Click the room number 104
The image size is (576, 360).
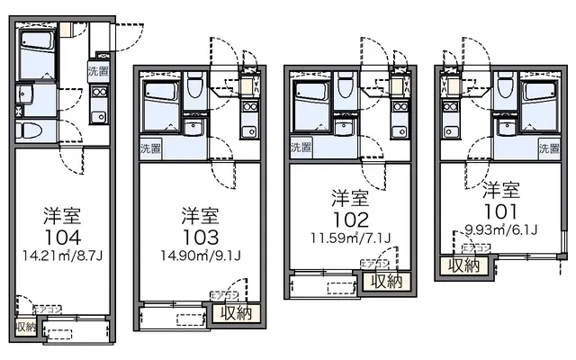pyautogui.click(x=63, y=238)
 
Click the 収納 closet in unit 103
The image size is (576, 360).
pyautogui.click(x=235, y=313)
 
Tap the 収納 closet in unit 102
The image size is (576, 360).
pyautogui.click(x=387, y=283)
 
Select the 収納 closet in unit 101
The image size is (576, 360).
pyautogui.click(x=464, y=265)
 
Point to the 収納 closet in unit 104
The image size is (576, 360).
pyautogui.click(x=25, y=327)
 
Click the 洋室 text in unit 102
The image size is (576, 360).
pyautogui.click(x=348, y=196)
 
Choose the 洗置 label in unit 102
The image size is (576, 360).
pyautogui.click(x=302, y=144)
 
